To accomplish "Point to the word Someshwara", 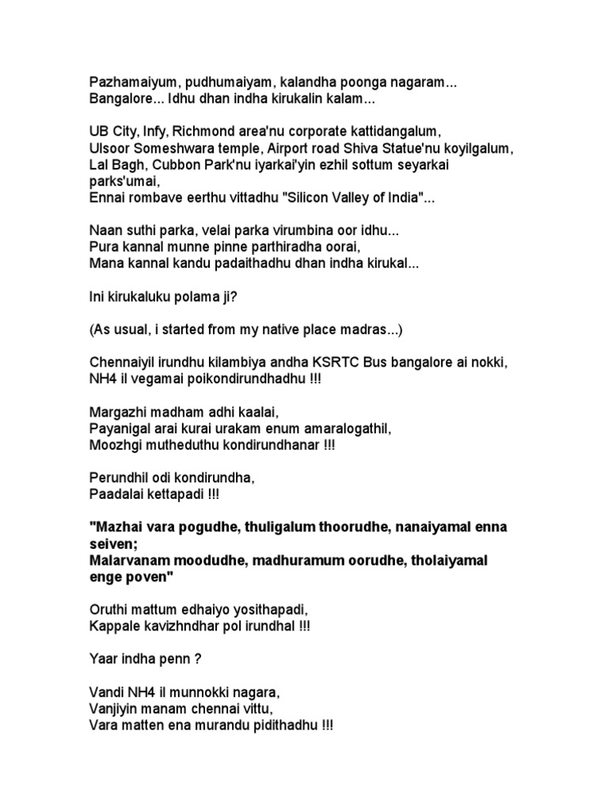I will (x=169, y=149).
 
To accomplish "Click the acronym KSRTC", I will (x=336, y=363).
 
